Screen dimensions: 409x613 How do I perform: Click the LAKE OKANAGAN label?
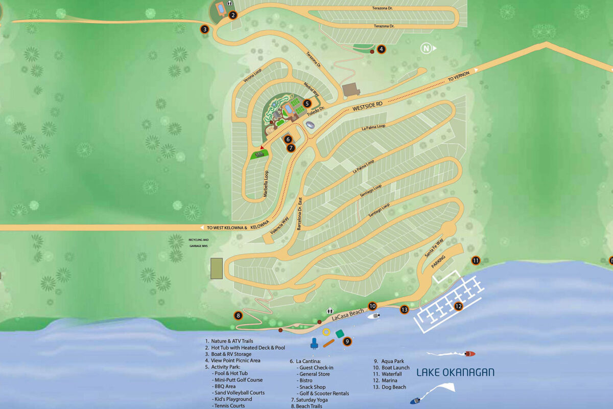coord(455,372)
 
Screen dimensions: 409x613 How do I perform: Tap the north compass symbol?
coord(427,49)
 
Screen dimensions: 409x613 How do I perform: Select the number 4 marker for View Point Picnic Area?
coord(381,50)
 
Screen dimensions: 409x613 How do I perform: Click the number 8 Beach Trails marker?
coord(239,315)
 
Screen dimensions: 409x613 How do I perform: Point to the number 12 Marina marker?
coord(458,306)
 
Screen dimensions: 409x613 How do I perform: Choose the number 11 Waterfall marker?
coord(476,260)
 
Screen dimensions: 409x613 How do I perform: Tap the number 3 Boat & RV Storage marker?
coord(204,29)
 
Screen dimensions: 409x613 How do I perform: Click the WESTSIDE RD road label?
coord(367,107)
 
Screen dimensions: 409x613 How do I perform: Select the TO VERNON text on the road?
coord(458,77)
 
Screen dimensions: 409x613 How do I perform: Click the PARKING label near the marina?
coord(439,258)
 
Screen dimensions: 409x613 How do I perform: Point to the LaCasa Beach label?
coord(347,314)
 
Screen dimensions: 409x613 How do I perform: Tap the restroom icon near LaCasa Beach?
coord(330,310)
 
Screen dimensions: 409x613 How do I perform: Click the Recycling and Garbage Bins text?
coord(199,243)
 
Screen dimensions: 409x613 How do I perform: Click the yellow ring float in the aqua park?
coord(326,332)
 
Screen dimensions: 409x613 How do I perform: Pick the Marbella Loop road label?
coord(266,183)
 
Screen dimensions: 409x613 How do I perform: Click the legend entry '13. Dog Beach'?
coord(389,387)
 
